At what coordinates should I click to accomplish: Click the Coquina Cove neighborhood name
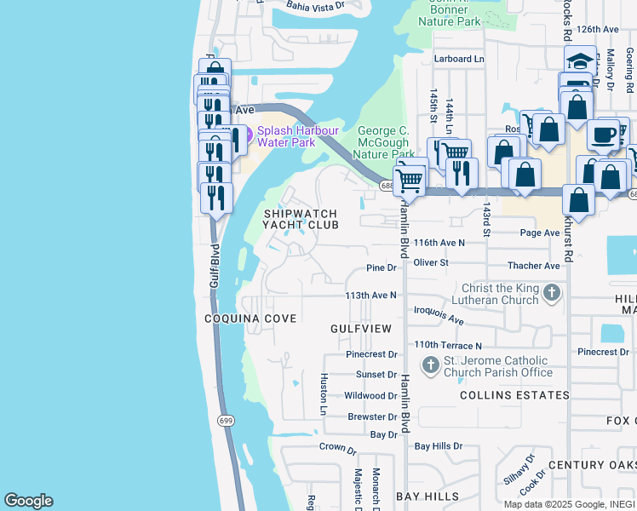(x=250, y=318)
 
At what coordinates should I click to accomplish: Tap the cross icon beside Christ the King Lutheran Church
(x=552, y=294)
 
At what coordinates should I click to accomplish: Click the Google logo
(x=28, y=500)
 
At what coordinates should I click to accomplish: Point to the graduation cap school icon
(x=580, y=61)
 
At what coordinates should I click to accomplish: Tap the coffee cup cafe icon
(x=603, y=135)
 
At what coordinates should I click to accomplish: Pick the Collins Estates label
(x=514, y=395)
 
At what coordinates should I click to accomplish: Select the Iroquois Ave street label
(x=439, y=316)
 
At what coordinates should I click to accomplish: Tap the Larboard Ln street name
(x=458, y=59)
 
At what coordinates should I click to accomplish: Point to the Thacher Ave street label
(x=533, y=266)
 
